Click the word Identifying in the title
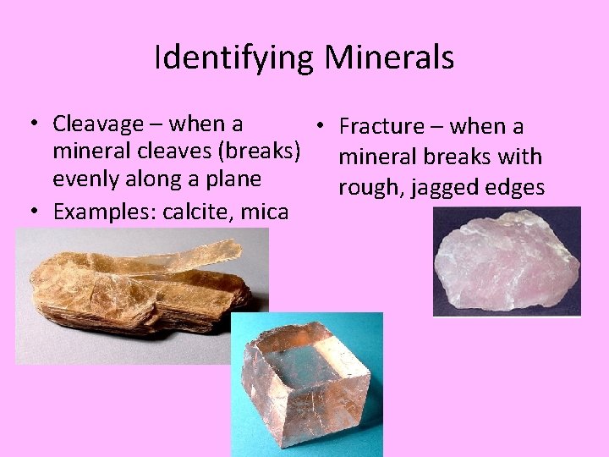coord(233,58)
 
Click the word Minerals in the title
coord(389,58)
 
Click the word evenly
coord(85,180)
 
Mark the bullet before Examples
coord(30,209)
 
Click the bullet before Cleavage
coord(30,124)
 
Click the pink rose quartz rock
coord(506,263)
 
